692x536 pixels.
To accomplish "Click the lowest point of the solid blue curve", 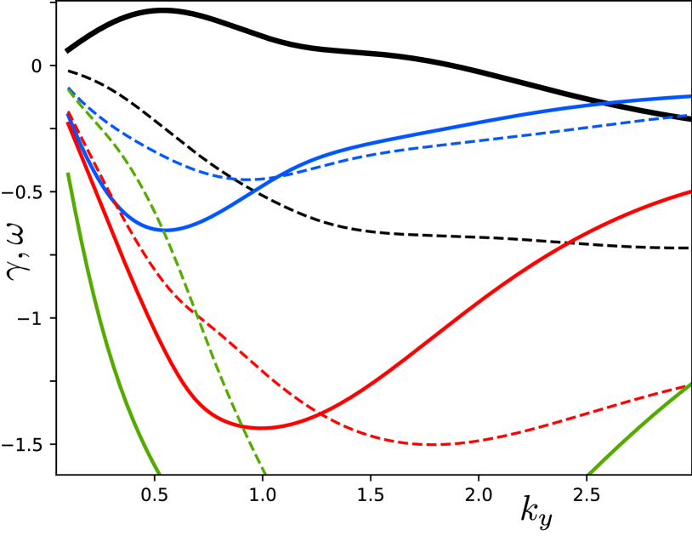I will (165, 230).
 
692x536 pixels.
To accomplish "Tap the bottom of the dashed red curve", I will (432, 444).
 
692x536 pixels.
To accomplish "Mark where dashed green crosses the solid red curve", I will (242, 424).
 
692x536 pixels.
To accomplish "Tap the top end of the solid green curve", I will (68, 174).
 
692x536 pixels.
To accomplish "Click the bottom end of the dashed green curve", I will (265, 472).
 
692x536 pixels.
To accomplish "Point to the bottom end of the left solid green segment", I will (158, 472).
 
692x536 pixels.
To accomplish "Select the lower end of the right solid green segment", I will (588, 473).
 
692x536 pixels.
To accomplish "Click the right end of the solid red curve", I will (690, 191).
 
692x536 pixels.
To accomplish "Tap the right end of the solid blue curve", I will (690, 96).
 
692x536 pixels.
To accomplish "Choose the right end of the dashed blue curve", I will (690, 114).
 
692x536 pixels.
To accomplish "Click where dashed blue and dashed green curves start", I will (68, 88).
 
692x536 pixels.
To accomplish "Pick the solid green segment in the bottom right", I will (638, 429).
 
